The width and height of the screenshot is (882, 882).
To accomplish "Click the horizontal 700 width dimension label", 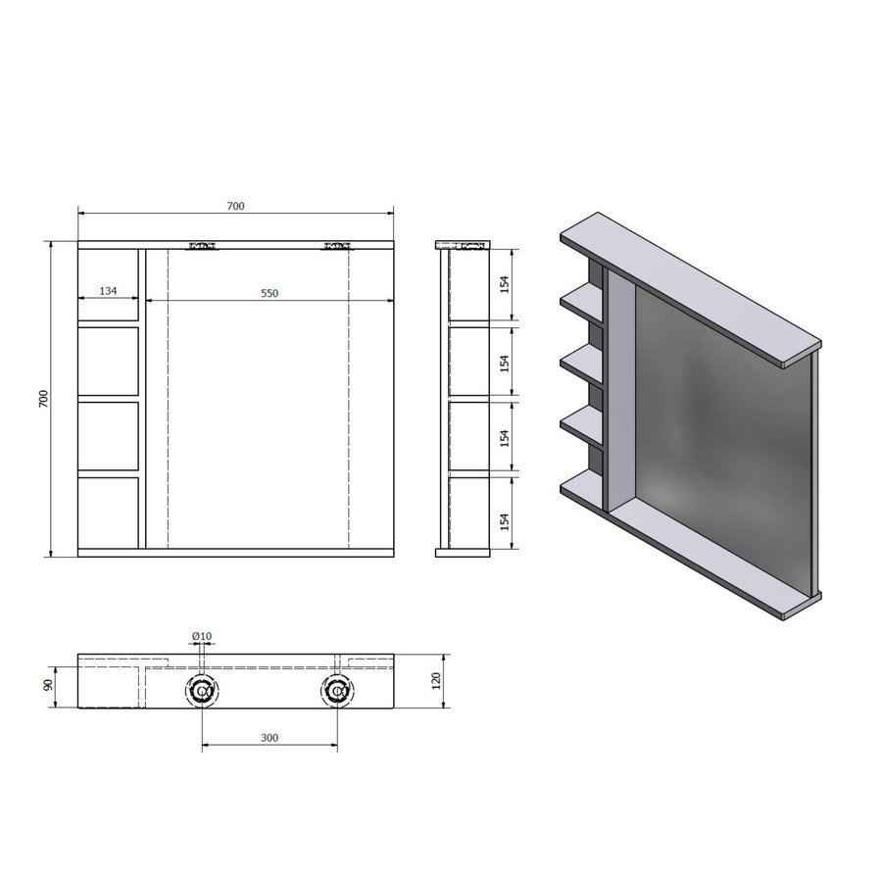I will [234, 206].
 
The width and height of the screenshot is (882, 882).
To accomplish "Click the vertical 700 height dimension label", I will [42, 399].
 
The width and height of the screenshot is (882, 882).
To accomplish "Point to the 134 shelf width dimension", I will [108, 292].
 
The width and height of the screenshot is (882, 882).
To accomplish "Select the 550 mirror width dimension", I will [269, 292].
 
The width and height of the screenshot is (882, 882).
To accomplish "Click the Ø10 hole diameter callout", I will [202, 637].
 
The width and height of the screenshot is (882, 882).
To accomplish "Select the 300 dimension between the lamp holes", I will [269, 738].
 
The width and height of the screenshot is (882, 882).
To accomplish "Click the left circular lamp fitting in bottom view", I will [202, 692].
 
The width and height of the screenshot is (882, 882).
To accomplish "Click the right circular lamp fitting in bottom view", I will [337, 692].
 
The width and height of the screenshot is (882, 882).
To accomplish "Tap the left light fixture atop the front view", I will [202, 247].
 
